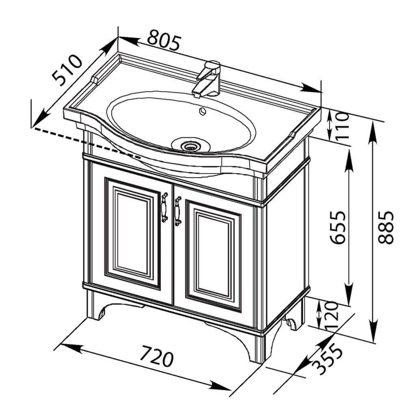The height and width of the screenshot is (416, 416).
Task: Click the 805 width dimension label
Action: tap(165, 40)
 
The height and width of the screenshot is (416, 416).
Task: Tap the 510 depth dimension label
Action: tap(67, 70)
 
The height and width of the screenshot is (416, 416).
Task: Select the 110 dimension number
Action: tap(342, 126)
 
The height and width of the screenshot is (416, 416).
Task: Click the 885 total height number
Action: tap(386, 227)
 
